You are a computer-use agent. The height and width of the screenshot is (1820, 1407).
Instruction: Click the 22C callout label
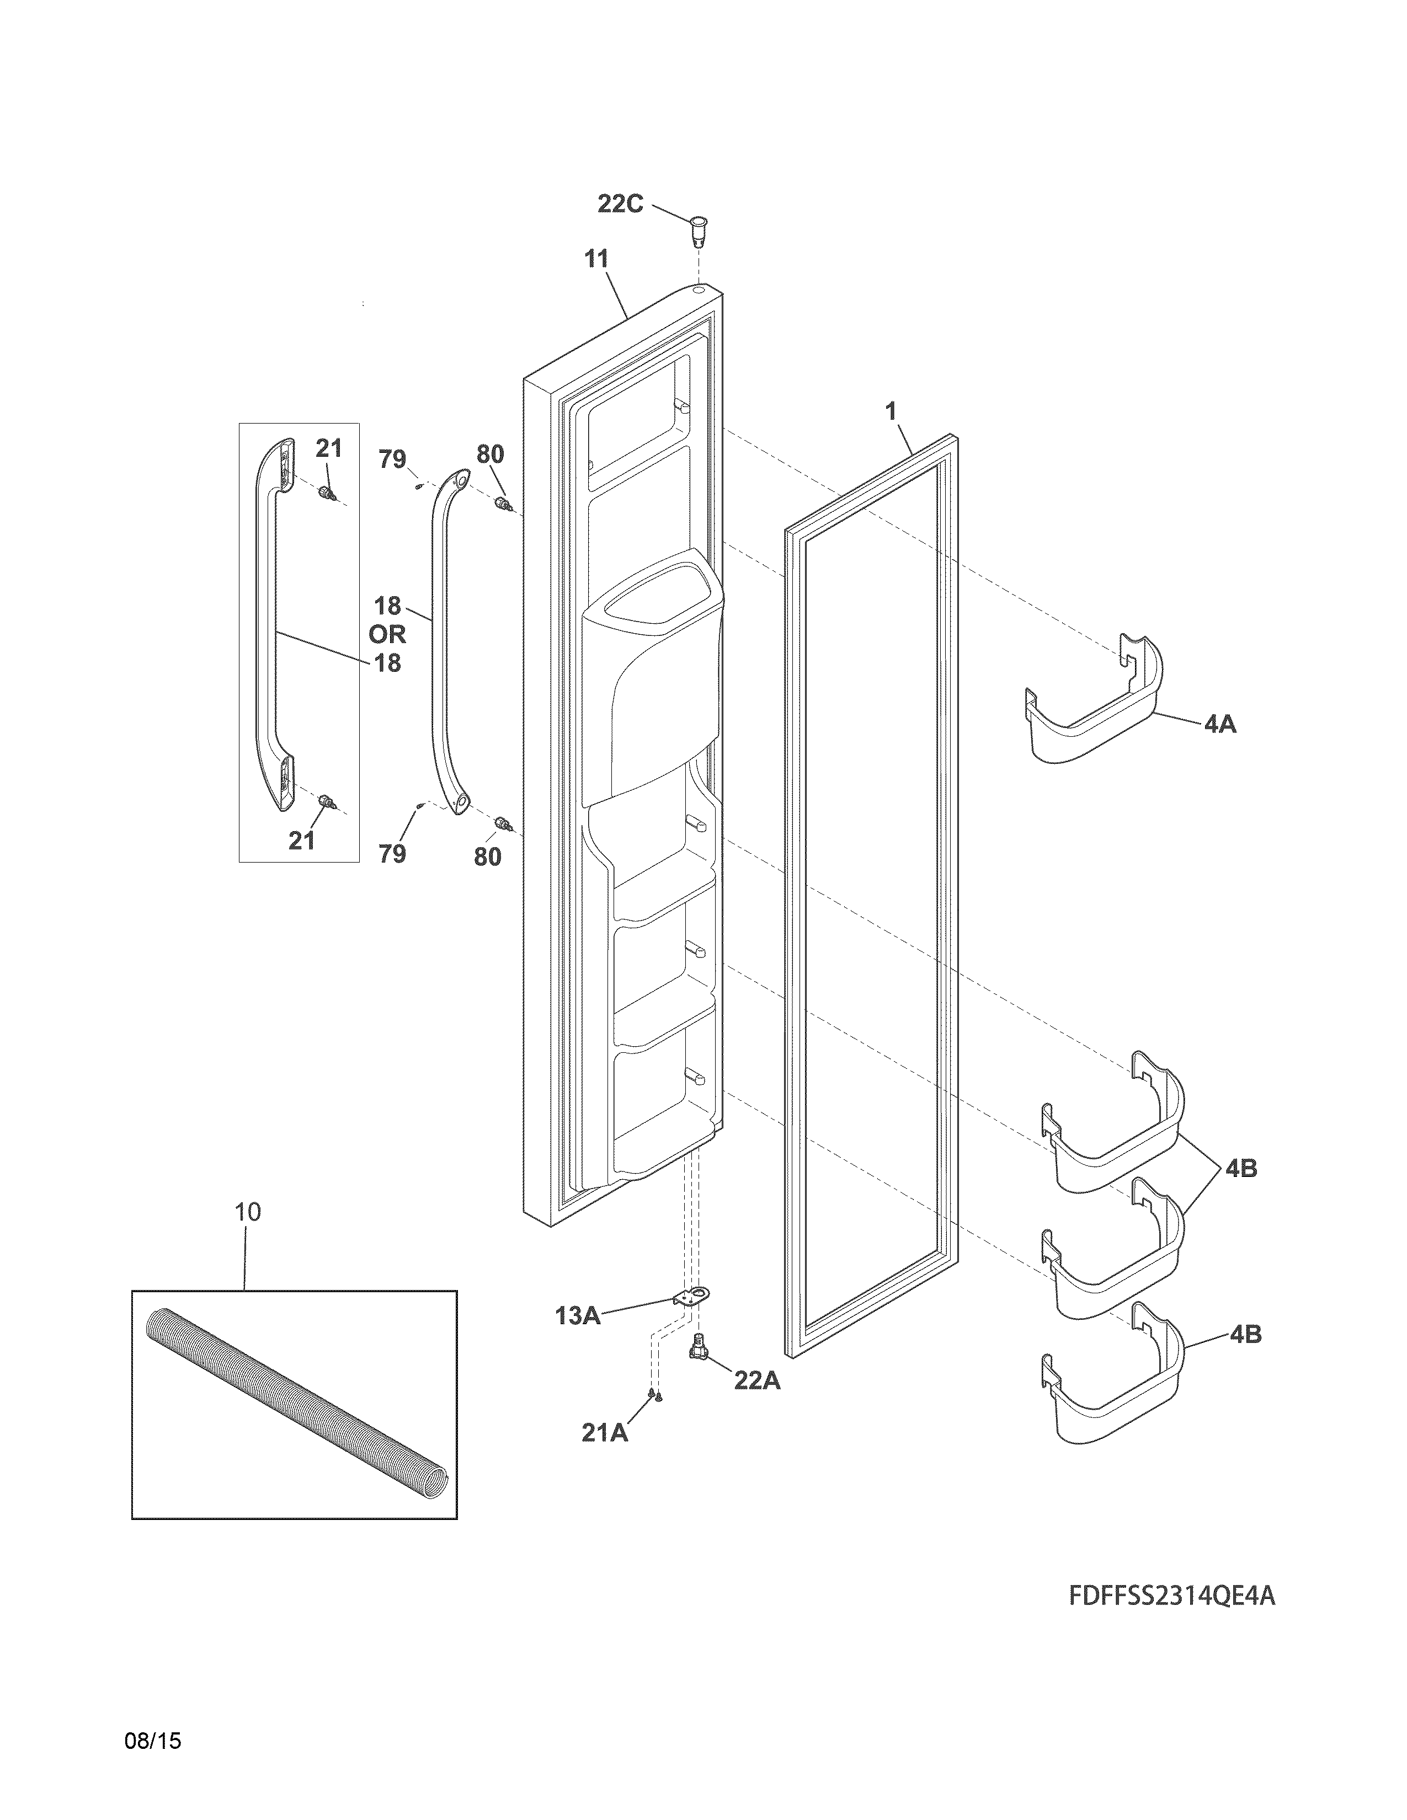[x=620, y=204]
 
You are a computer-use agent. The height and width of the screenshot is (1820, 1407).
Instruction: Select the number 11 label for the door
[x=595, y=259]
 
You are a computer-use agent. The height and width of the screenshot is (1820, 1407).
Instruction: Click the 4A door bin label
[x=1221, y=724]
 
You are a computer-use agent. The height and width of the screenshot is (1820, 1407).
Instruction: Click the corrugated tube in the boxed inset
[x=296, y=1399]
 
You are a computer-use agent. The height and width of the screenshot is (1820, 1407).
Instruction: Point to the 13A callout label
[x=578, y=1316]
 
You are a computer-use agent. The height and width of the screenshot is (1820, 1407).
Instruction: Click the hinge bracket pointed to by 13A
[x=689, y=1297]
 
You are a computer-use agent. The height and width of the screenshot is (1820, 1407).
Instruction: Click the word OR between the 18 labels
[x=387, y=634]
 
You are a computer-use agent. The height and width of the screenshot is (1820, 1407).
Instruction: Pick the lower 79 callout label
[x=393, y=853]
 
